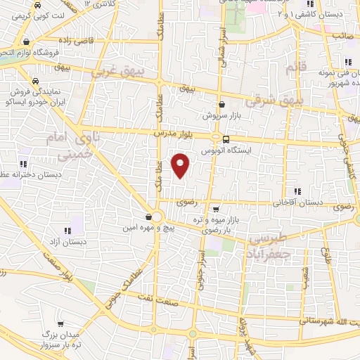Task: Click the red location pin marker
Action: click(181, 165)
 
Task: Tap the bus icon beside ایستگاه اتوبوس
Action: click(226, 139)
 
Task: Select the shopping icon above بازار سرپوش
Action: click(221, 104)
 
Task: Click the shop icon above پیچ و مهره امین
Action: click(148, 217)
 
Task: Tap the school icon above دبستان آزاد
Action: click(68, 230)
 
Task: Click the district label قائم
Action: click(291, 67)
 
